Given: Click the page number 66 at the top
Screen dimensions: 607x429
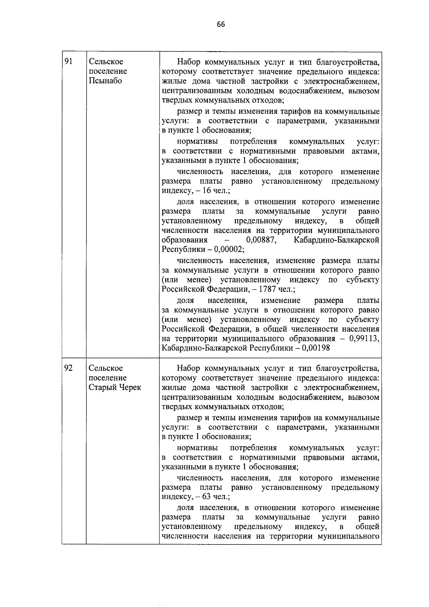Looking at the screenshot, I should pos(221,24).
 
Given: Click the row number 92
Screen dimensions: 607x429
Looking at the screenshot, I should pos(68,368).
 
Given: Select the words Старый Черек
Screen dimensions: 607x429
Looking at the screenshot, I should pos(115,387).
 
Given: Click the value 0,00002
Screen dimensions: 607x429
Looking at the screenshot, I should pos(229,249).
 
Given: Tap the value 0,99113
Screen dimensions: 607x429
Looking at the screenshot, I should pos(364,338).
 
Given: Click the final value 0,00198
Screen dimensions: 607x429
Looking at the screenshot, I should pos(315,348).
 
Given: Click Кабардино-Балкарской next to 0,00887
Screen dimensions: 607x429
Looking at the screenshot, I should pos(336,240).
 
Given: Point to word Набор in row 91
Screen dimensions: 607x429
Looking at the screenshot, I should pos(189,62).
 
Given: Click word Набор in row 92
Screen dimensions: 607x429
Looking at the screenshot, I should pos(189,368).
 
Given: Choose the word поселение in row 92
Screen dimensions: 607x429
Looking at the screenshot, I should pos(108,378).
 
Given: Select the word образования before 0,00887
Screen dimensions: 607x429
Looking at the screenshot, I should pos(184,240).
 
